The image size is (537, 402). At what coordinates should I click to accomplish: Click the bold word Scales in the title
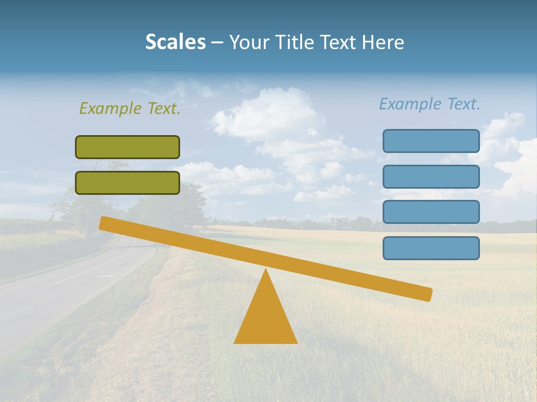click(175, 42)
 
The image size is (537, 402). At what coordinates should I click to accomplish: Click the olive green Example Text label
click(130, 108)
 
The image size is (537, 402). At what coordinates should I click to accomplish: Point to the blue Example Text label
click(430, 104)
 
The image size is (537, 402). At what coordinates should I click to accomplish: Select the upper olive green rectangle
click(128, 147)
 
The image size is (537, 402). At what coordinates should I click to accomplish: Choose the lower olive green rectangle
click(128, 183)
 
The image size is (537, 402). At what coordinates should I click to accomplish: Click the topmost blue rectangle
click(431, 141)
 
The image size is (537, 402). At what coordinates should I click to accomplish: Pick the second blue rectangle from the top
click(431, 176)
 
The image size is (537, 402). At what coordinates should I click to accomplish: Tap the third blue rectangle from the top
click(431, 212)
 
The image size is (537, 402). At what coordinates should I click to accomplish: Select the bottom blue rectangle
click(431, 248)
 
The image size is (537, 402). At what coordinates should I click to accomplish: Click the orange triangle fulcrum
click(266, 318)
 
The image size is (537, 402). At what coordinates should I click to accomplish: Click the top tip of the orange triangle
click(266, 271)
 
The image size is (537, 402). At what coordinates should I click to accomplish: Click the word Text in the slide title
click(341, 42)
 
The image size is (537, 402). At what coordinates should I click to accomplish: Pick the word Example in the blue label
click(411, 104)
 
